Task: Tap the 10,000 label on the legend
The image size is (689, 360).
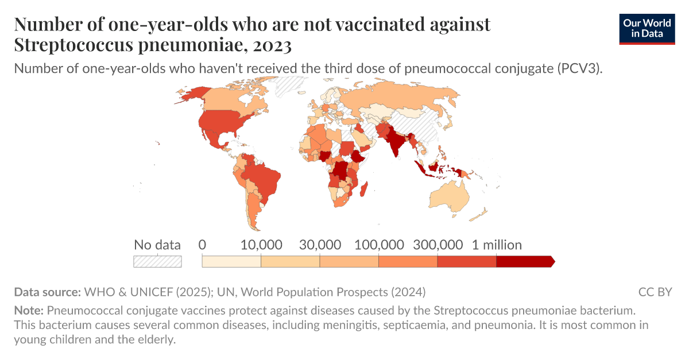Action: coord(261,245)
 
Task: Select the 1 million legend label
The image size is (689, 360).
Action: coord(497,245)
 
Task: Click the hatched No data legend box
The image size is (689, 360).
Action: coord(157,262)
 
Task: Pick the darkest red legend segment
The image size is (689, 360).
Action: coord(524,262)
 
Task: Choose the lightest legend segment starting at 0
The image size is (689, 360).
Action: coord(231,262)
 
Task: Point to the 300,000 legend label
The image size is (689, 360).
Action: coord(438,245)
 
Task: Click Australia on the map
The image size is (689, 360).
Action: coord(451,195)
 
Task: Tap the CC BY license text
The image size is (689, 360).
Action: coord(655,292)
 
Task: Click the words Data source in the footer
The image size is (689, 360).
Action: coord(47,292)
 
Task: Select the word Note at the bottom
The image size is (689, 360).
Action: coord(28,311)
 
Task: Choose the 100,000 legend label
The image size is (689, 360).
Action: coord(379,245)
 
